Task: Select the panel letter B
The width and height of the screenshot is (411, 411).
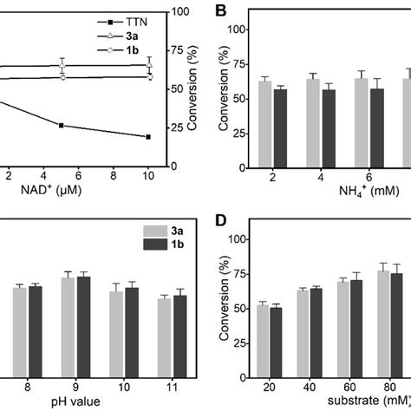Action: (x=221, y=11)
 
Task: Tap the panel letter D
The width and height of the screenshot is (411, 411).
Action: (x=221, y=219)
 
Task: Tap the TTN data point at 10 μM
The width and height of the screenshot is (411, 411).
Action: (x=147, y=137)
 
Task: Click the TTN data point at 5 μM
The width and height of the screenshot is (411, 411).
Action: (x=62, y=126)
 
